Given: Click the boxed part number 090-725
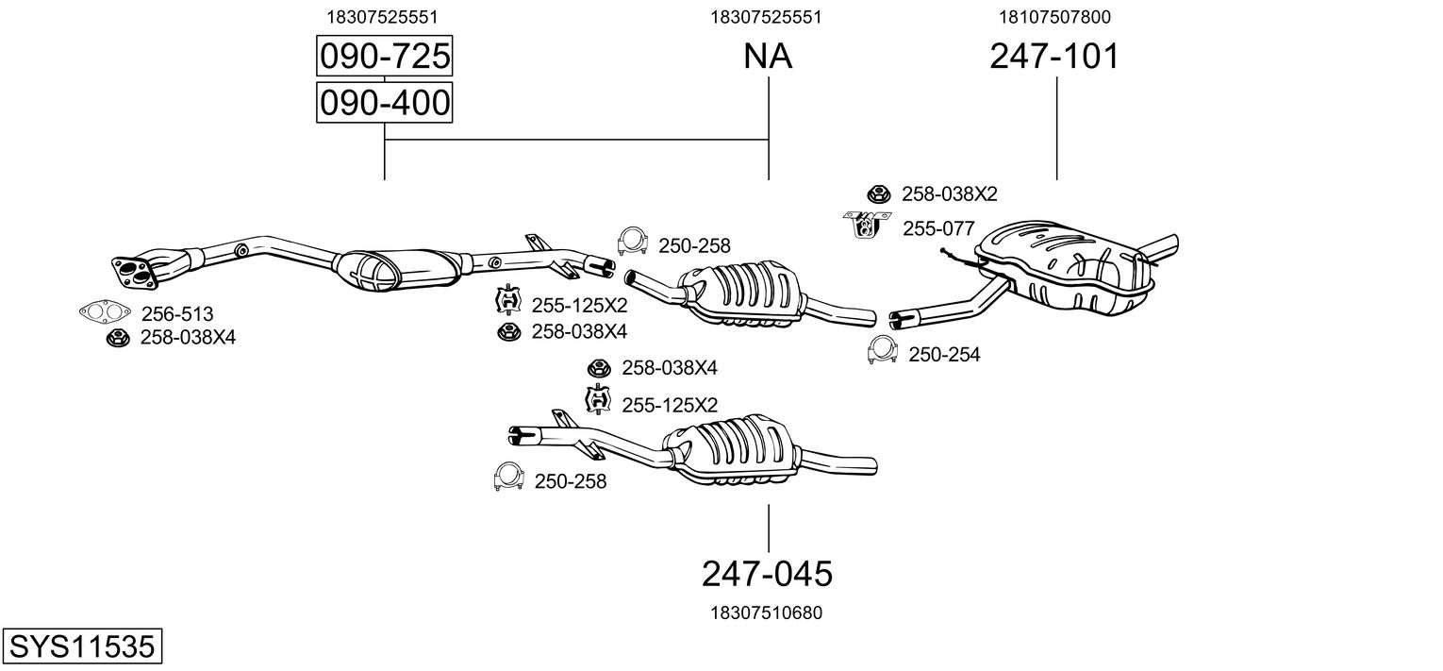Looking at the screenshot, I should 384,58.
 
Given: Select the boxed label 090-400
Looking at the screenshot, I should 384,103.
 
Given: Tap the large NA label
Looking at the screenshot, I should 768,58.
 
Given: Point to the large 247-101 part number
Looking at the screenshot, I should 1054,58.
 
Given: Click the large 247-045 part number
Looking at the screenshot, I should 767,573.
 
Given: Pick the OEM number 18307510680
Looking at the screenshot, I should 766,612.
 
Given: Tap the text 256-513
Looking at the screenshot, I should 177,314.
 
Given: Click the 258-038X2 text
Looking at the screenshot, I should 949,194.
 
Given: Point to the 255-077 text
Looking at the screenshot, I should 937,228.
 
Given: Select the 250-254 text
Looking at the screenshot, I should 944,355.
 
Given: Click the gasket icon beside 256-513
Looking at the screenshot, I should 105,311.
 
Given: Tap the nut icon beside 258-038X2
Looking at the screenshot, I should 878,194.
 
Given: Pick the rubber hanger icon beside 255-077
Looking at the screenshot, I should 867,225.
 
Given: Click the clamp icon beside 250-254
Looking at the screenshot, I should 882,350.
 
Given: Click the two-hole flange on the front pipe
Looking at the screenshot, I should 133,270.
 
